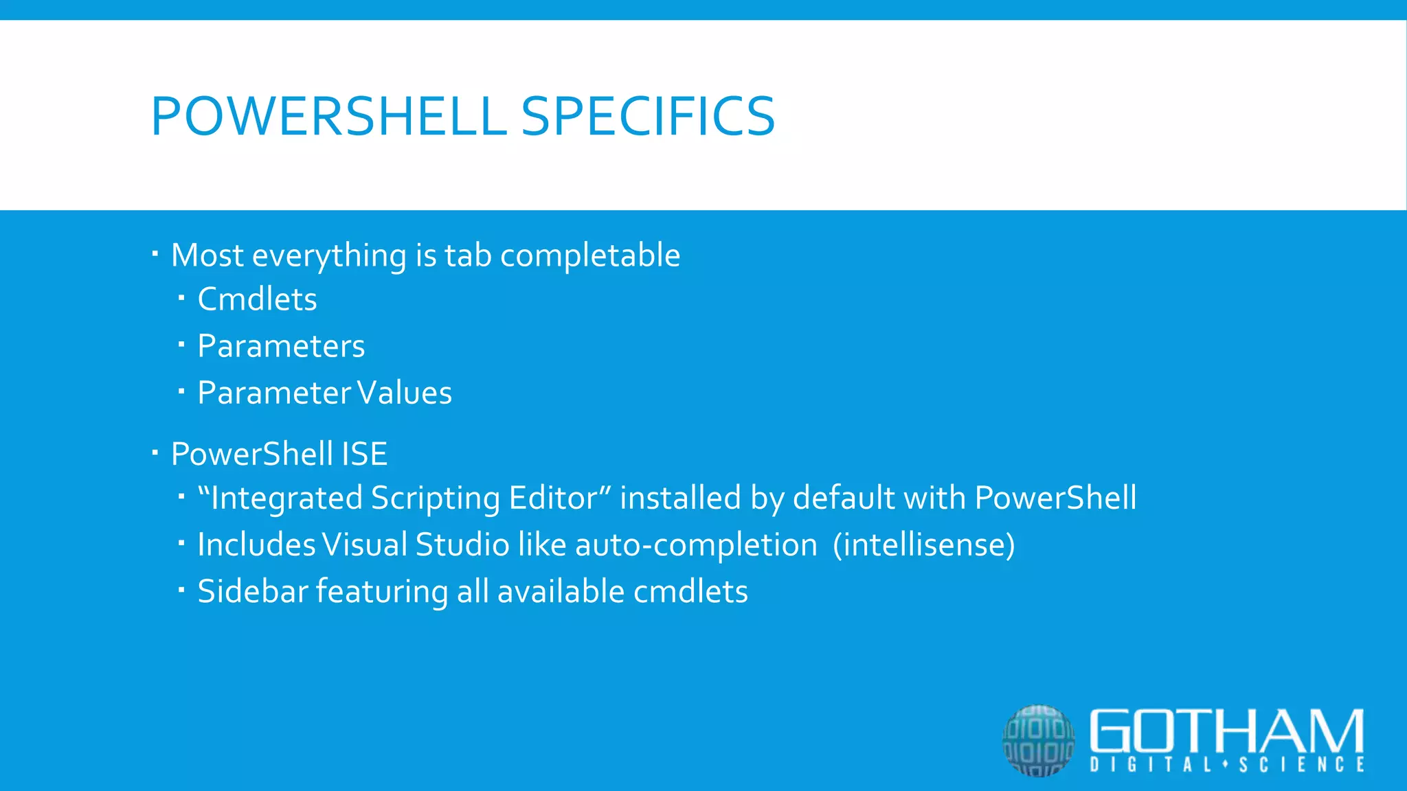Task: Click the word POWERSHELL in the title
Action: (328, 116)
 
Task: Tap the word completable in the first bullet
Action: (590, 255)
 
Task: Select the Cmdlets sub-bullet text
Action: (257, 299)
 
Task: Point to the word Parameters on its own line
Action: (281, 346)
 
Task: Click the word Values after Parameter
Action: (404, 393)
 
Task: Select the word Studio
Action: (462, 544)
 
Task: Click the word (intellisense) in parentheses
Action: (923, 544)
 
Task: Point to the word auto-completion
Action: (696, 544)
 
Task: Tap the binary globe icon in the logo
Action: (1038, 740)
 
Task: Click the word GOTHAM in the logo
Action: (1226, 731)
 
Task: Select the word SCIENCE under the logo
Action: (1301, 765)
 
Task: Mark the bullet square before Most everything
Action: (155, 254)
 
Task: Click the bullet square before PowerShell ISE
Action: (155, 452)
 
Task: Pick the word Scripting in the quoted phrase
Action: (435, 498)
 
